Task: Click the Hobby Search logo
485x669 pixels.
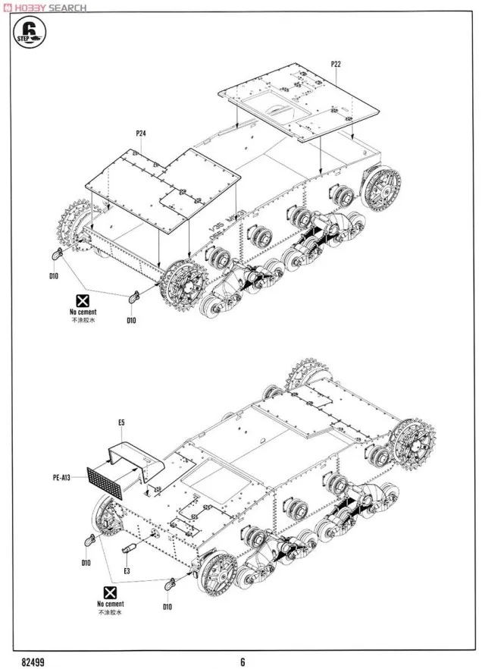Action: pos(45,8)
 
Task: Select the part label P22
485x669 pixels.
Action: pos(336,64)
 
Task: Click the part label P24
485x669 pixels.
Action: pos(141,133)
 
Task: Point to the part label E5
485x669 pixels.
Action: pos(121,422)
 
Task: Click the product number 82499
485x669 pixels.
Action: pos(33,661)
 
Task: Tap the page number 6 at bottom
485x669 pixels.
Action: pos(242,661)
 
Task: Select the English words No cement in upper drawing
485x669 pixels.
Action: pos(83,312)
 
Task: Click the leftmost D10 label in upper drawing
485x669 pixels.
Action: pos(53,275)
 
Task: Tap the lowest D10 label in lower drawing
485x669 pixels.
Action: pos(167,605)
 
